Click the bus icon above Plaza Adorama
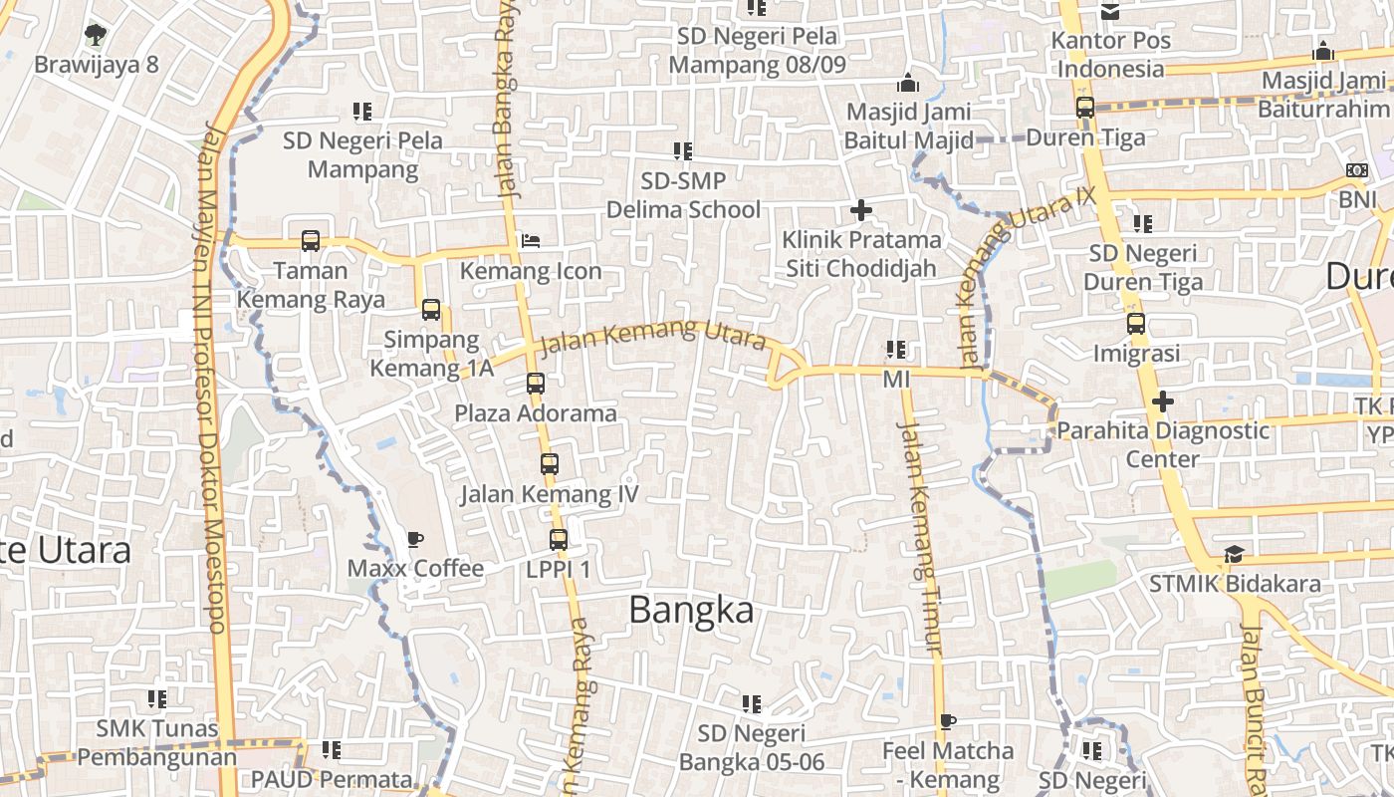coord(536,383)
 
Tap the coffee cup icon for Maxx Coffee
coord(414,540)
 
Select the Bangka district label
coord(691,610)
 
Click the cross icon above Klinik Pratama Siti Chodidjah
coord(861,210)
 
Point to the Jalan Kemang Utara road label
coord(653,337)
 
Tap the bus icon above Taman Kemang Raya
coord(311,240)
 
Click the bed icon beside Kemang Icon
coord(531,241)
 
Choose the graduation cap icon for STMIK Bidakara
coord(1234,554)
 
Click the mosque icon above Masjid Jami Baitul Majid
coord(907,83)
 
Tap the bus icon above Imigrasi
coord(1136,324)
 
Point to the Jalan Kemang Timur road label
coord(919,538)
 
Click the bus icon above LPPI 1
coord(559,540)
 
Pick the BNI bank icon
coord(1356,170)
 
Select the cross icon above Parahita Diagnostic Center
coord(1162,401)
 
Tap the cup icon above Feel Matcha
coord(947,721)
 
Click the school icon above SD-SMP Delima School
coord(683,151)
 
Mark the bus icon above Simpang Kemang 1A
coord(431,309)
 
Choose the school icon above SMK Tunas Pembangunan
coord(157,699)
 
